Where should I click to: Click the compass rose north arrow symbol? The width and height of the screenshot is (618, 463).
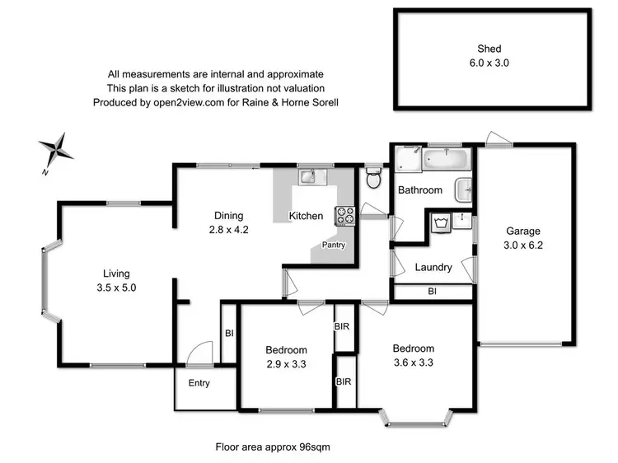pos(57,152)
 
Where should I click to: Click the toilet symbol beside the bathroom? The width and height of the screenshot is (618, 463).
pos(373,178)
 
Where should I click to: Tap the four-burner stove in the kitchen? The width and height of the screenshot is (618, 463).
pos(344,216)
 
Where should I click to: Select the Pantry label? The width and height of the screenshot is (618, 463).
pos(334,245)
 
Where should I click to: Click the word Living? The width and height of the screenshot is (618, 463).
pos(116,274)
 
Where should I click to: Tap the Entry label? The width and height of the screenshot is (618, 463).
pos(199,383)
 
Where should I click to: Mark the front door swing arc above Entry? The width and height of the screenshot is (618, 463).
pos(198,353)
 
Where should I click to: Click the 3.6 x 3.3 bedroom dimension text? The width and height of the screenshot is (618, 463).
pos(413,362)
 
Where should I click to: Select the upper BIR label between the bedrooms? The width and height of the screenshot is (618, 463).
pos(342,327)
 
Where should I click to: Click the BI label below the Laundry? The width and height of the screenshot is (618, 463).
pos(432,292)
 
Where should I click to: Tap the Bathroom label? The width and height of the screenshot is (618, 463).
pos(420,190)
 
